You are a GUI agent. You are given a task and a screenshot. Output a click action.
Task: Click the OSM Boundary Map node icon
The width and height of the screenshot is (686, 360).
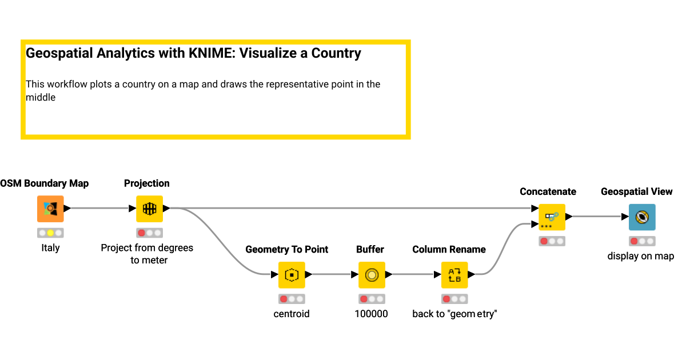pos(50,209)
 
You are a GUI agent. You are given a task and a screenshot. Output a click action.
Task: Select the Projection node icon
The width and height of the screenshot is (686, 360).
pos(149,209)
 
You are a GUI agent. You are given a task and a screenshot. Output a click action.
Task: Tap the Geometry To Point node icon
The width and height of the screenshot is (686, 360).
pos(292,275)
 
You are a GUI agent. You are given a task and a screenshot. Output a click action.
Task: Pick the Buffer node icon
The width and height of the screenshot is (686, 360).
pos(372,275)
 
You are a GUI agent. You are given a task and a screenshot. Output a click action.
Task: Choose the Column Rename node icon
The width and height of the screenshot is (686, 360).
pos(454,275)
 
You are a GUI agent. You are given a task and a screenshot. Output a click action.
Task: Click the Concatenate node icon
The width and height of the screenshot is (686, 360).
pos(552,217)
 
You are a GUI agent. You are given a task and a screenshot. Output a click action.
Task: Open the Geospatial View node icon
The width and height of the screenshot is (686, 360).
pos(642,217)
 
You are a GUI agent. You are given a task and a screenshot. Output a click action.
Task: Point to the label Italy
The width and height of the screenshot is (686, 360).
pos(50,248)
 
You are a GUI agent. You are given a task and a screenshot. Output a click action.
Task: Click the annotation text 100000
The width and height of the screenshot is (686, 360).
pos(371,314)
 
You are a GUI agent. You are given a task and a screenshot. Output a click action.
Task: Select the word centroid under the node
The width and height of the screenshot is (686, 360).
pos(292,314)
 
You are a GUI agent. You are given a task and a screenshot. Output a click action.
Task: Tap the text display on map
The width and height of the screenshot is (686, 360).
pos(641,256)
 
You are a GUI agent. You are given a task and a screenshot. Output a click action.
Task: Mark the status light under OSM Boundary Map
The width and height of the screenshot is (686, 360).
pos(50,233)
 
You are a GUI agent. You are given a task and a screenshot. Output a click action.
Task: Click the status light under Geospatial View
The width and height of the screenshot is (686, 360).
pos(642,241)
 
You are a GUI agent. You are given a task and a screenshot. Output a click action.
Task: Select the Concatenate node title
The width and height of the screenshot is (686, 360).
pos(548,192)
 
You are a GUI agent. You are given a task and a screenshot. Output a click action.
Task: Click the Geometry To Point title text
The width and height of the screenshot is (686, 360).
pos(287,250)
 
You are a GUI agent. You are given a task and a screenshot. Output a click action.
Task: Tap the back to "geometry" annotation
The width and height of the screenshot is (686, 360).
pos(454,314)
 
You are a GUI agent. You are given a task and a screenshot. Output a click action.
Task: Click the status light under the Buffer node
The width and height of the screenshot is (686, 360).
pos(372,299)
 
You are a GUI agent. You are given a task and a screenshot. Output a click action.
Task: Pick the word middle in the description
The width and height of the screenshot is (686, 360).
pos(41,98)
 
